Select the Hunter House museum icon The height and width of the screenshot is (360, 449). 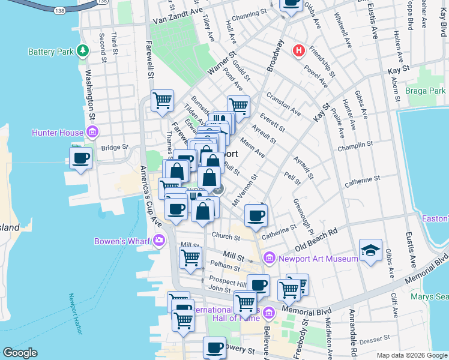tap(92, 132)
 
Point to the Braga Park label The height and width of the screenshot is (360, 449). tap(429, 91)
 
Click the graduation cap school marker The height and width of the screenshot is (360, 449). tap(370, 251)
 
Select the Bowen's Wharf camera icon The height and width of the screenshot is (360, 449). tap(158, 241)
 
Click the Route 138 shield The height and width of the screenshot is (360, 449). tap(58, 11)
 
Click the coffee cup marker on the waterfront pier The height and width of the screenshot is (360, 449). tap(80, 159)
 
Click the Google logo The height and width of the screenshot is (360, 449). tap(20, 353)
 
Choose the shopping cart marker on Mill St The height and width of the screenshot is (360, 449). tap(190, 258)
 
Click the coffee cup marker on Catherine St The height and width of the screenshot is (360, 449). tap(256, 215)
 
